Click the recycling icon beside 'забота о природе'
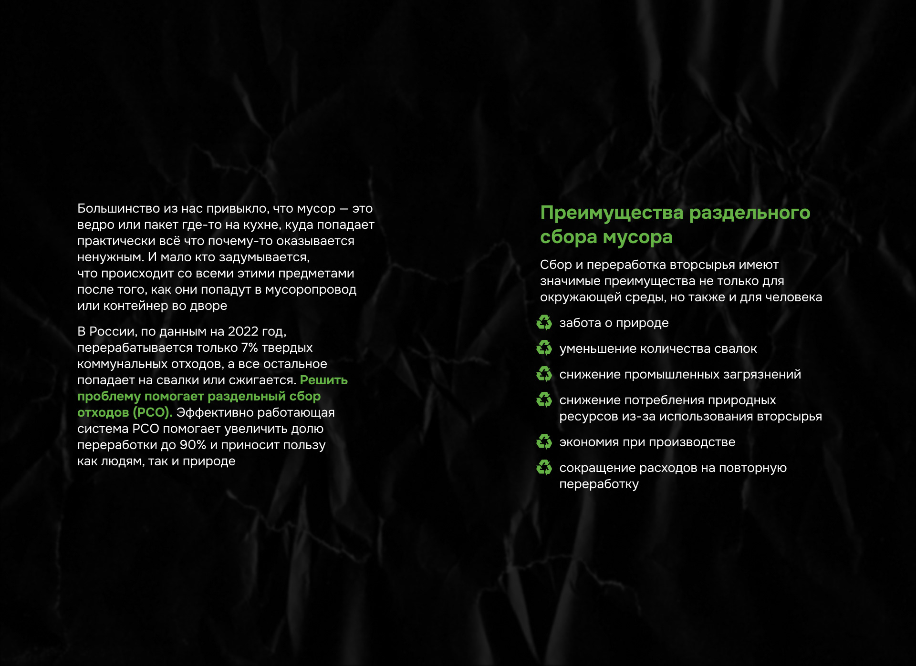coord(544,322)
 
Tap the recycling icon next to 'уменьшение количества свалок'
coord(544,348)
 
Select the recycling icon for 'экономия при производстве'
coord(544,441)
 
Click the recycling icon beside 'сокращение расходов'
coord(544,467)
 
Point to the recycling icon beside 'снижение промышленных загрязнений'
coord(544,374)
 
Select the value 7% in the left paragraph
coord(250,348)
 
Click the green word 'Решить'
coord(323,380)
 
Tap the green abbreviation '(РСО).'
coord(152,412)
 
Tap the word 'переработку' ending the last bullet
coord(599,484)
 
